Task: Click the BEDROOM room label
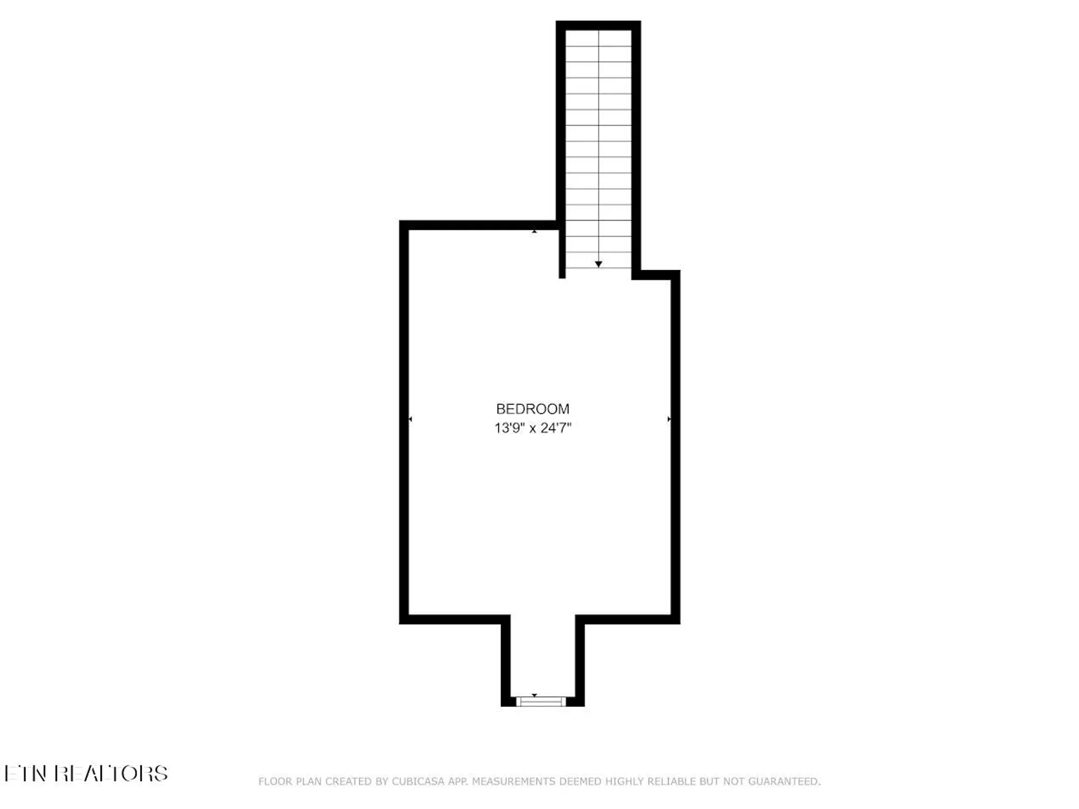point(532,409)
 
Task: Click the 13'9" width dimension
point(509,428)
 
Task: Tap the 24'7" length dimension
point(556,428)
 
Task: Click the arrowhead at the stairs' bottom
point(598,264)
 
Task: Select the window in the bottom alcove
point(541,702)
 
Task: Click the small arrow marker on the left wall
point(410,419)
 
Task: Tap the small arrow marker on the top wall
point(534,231)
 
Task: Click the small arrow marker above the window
point(534,695)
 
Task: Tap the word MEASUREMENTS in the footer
point(513,781)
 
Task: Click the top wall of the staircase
point(598,25)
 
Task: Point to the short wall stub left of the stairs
point(562,253)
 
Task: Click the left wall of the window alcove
point(506,661)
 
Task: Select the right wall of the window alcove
point(580,661)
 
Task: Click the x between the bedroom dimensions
point(532,429)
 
